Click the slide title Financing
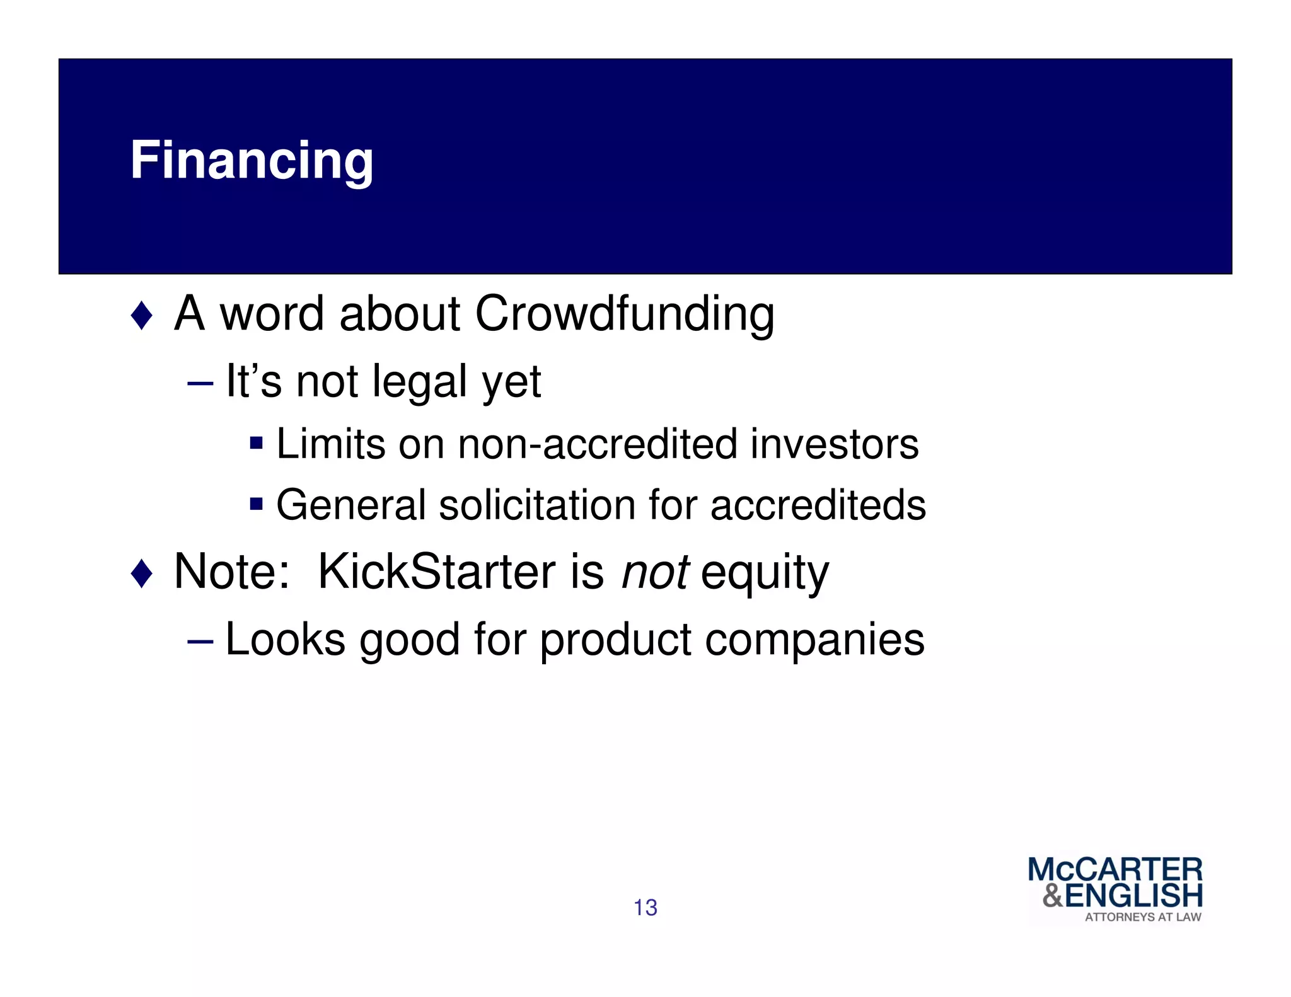(252, 161)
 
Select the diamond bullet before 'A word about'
(142, 315)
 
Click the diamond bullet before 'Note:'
(142, 573)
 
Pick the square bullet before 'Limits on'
(256, 442)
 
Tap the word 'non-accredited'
(598, 444)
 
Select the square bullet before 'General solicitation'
(256, 504)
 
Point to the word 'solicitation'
(537, 505)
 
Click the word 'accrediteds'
(818, 505)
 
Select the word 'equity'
(765, 574)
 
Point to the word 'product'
(615, 640)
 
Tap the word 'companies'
(814, 640)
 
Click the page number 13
(645, 908)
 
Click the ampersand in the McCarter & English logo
(1053, 896)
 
